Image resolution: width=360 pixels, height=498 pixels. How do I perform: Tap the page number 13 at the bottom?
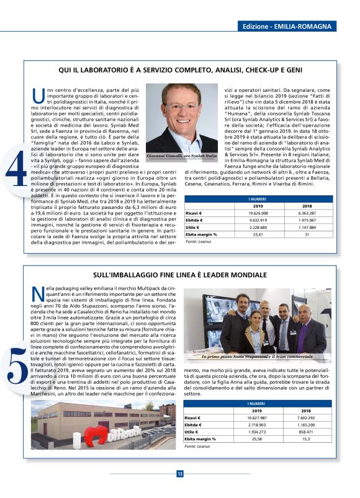click(x=180, y=474)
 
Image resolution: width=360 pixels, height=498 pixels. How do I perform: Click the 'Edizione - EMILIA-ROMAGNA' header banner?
click(x=287, y=27)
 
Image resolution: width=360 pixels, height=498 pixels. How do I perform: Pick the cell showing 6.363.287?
click(x=307, y=213)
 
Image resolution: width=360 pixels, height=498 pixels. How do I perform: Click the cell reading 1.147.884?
click(x=307, y=227)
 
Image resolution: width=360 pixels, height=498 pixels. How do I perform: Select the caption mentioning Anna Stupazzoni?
click(x=265, y=357)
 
